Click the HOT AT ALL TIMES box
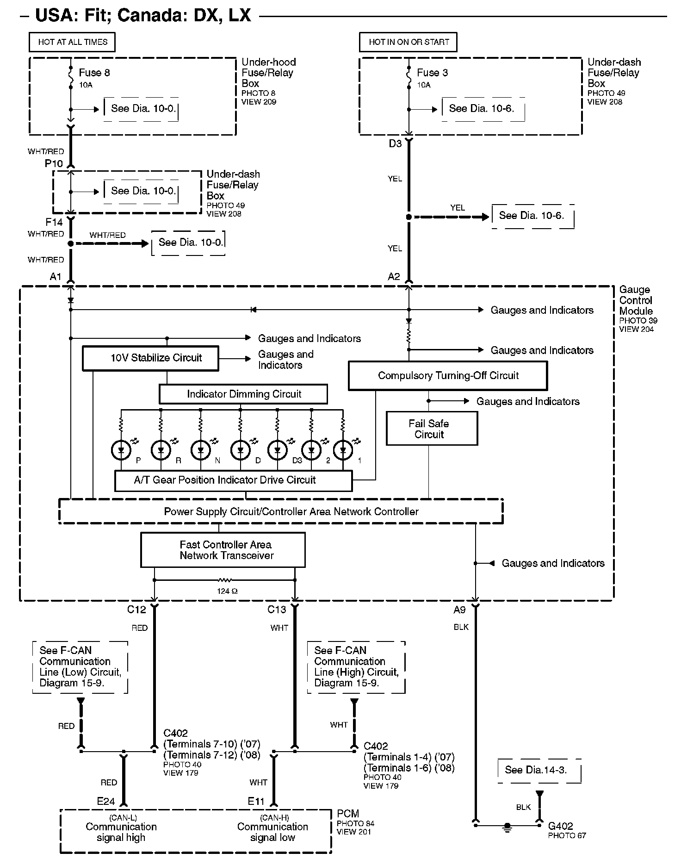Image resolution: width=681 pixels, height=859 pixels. [72, 42]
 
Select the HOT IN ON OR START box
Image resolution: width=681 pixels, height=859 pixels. [409, 42]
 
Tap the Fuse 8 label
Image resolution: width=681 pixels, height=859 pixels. [94, 73]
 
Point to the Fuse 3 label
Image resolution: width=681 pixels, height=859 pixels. [432, 73]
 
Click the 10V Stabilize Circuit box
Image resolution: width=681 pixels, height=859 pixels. [150, 358]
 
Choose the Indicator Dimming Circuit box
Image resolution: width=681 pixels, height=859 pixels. [243, 394]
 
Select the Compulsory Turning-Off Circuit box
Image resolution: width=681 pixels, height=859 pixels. [447, 375]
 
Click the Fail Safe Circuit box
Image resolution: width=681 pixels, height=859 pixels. [431, 429]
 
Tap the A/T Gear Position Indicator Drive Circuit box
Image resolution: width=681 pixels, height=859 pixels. [233, 480]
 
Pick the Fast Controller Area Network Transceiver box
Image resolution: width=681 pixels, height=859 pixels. [223, 550]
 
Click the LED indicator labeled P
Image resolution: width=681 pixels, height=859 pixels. [121, 449]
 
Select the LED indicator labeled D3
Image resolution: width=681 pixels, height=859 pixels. [277, 449]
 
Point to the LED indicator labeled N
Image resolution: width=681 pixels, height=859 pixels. [201, 449]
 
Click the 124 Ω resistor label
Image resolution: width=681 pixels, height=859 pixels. [227, 591]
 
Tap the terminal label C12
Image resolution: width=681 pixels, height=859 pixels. [136, 610]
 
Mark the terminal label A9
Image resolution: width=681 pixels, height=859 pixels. [459, 610]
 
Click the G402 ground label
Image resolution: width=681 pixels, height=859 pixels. [560, 826]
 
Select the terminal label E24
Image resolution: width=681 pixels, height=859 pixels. [106, 801]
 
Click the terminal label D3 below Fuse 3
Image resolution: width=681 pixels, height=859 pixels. [395, 143]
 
